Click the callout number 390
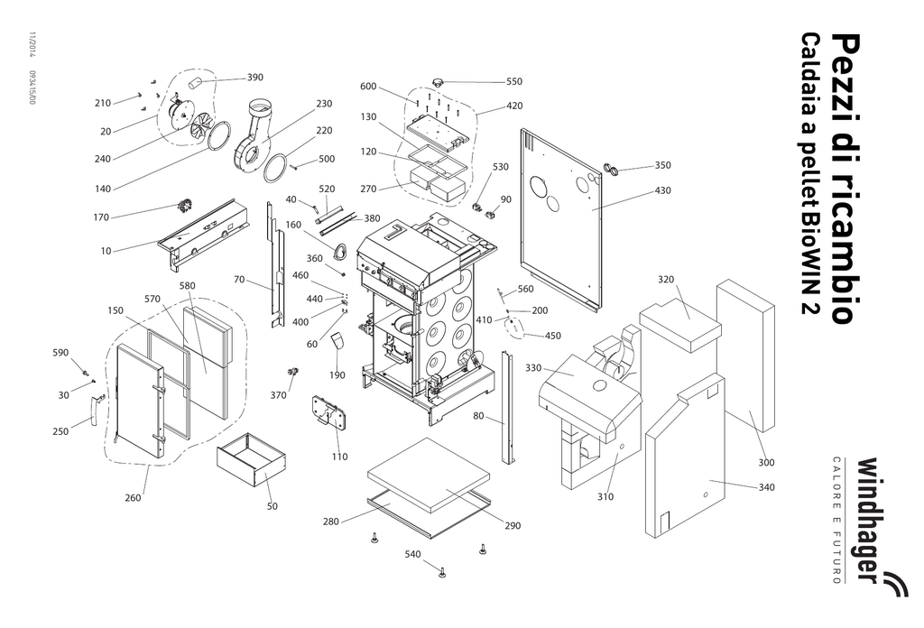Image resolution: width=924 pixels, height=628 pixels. coord(255,78)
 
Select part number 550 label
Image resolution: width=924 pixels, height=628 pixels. coord(513,81)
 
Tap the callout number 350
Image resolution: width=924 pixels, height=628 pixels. coord(662,165)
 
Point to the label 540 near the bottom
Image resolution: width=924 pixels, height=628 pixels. coord(412,553)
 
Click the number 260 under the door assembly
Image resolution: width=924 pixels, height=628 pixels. coord(132,497)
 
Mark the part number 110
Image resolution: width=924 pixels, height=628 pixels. coord(339,457)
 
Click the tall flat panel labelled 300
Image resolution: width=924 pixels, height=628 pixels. coord(745,356)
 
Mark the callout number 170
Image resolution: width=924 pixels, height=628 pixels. coord(101,217)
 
